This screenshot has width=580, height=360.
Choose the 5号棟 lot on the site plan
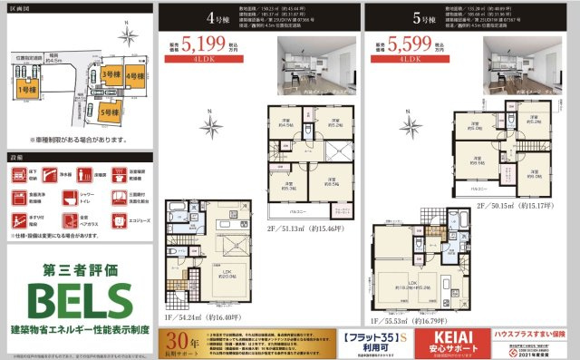click(x=110, y=112)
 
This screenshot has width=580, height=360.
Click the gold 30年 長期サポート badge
click(x=180, y=342)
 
